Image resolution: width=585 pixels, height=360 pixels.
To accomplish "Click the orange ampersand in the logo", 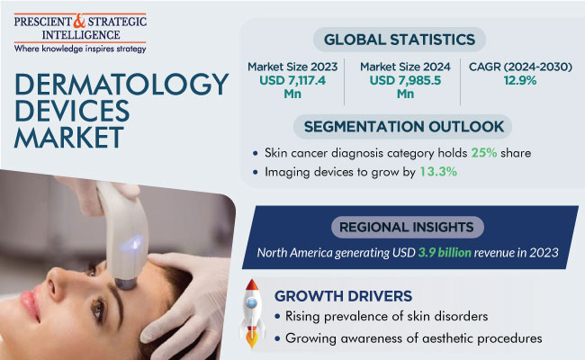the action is tap(79, 22).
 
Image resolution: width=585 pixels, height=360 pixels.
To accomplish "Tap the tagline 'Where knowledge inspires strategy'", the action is tap(80, 49).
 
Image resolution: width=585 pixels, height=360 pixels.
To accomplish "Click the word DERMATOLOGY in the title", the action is tap(121, 84).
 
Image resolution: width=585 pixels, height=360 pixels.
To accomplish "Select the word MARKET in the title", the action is tap(69, 138).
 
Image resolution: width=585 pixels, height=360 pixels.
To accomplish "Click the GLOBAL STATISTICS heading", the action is tap(400, 40).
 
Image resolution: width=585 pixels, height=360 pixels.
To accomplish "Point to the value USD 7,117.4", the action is tap(292, 80).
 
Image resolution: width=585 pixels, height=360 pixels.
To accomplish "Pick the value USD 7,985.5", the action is tap(405, 80).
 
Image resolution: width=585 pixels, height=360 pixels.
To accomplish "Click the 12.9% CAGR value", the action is tap(520, 80).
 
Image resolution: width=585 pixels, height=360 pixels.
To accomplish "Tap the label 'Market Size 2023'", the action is tap(292, 67).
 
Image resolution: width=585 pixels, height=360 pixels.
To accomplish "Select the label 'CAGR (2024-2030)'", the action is tap(520, 67).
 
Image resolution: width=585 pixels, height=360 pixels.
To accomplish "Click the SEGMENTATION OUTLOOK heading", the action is tap(404, 127).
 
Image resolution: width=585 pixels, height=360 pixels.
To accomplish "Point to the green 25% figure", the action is tap(484, 153).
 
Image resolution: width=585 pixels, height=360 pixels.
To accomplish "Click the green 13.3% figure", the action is tap(438, 172).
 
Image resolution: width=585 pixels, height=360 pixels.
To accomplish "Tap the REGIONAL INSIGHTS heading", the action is tap(406, 227).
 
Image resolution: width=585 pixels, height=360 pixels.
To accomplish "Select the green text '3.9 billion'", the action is tap(445, 253).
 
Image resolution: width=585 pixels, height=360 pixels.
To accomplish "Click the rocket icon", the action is tap(252, 313).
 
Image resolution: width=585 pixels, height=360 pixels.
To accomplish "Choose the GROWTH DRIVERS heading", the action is tap(343, 296).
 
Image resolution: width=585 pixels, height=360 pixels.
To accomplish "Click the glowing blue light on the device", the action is tap(131, 243).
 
